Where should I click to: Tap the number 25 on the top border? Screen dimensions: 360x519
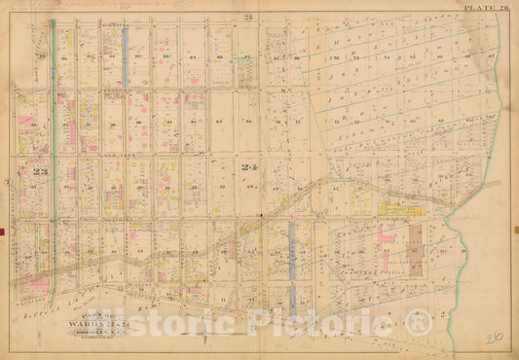[x=248, y=19]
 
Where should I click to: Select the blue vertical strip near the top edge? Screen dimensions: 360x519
[x=126, y=54]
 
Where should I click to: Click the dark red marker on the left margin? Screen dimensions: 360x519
[x=4, y=231]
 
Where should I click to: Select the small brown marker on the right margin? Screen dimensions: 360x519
[x=515, y=231]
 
